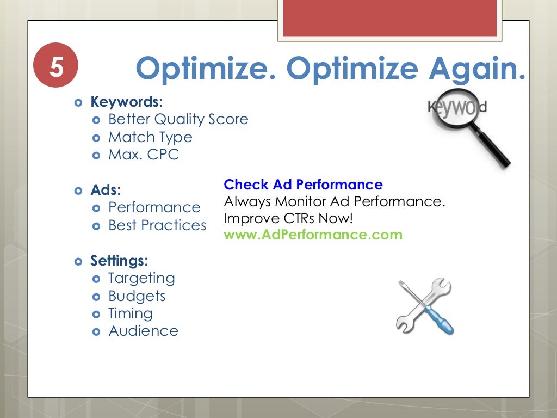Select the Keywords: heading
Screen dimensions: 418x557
(126, 102)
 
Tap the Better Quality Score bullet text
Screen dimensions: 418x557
(178, 119)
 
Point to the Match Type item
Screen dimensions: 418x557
(150, 137)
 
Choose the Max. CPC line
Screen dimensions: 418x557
(144, 155)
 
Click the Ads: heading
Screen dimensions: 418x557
(106, 190)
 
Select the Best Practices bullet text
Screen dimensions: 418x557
(157, 225)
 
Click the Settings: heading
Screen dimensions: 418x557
(119, 261)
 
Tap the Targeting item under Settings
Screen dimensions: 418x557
(141, 278)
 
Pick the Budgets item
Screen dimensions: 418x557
(137, 296)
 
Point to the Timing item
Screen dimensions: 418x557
(131, 313)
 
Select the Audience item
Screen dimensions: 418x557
(143, 331)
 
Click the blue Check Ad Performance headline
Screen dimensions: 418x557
(303, 185)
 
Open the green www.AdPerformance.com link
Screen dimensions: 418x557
(313, 235)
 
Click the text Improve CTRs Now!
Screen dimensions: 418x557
(288, 218)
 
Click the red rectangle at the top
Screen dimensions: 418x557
(390, 17)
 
